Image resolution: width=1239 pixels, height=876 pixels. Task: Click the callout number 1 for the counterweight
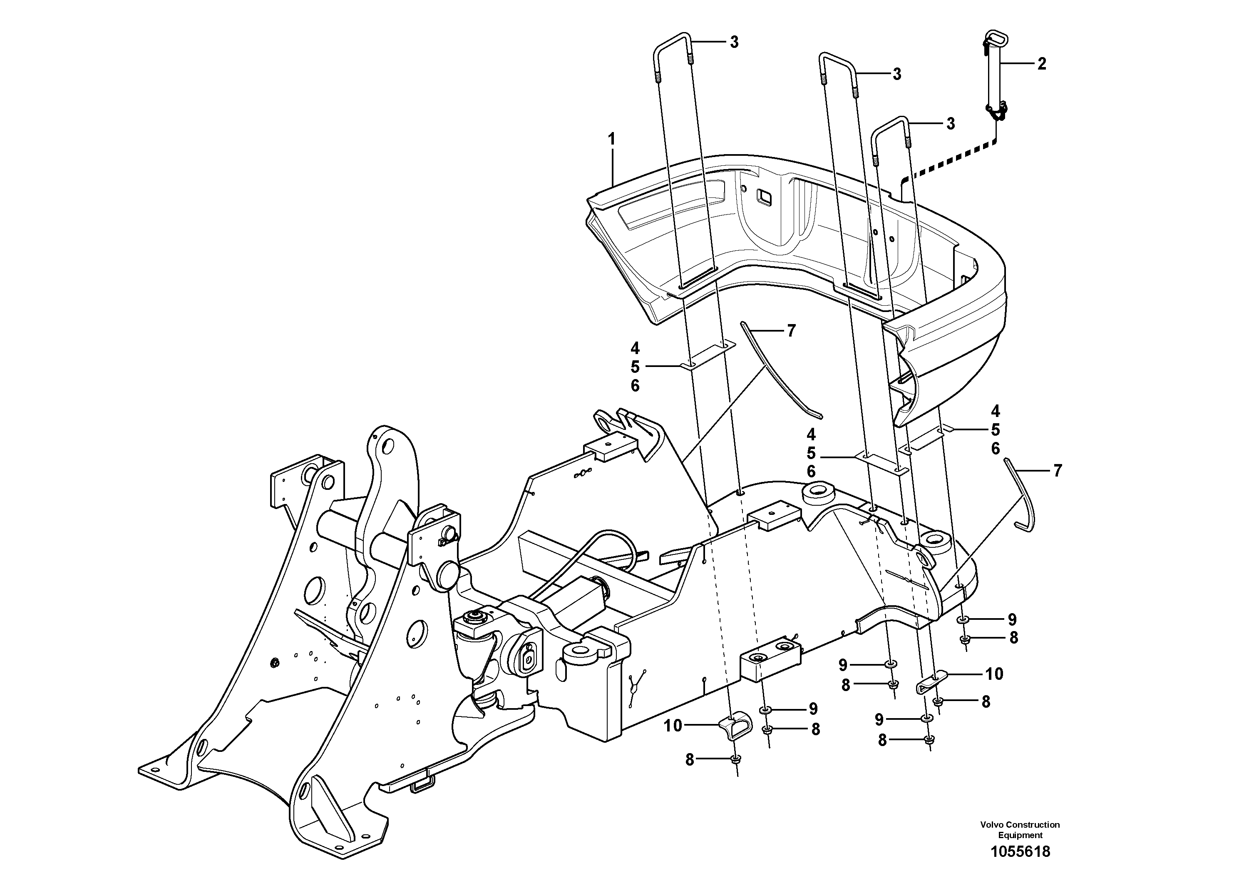pyautogui.click(x=611, y=140)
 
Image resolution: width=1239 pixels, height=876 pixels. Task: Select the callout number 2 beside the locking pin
pyautogui.click(x=1041, y=64)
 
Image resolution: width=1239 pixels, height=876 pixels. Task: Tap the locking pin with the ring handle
pyautogui.click(x=996, y=81)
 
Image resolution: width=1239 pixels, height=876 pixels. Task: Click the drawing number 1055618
pyautogui.click(x=1020, y=852)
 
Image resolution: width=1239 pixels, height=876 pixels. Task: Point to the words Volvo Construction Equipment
pyautogui.click(x=1020, y=829)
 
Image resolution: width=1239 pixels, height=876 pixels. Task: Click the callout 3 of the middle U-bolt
pyautogui.click(x=896, y=74)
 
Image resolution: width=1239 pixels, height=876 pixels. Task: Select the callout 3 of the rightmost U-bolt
pyautogui.click(x=950, y=124)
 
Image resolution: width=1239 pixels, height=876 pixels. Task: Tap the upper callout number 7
pyautogui.click(x=791, y=330)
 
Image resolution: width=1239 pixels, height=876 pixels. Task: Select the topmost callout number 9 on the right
pyautogui.click(x=1012, y=619)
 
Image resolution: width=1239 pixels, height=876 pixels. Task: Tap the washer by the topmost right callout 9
pyautogui.click(x=964, y=619)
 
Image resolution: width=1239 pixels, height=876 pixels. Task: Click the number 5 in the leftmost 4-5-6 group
pyautogui.click(x=635, y=367)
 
